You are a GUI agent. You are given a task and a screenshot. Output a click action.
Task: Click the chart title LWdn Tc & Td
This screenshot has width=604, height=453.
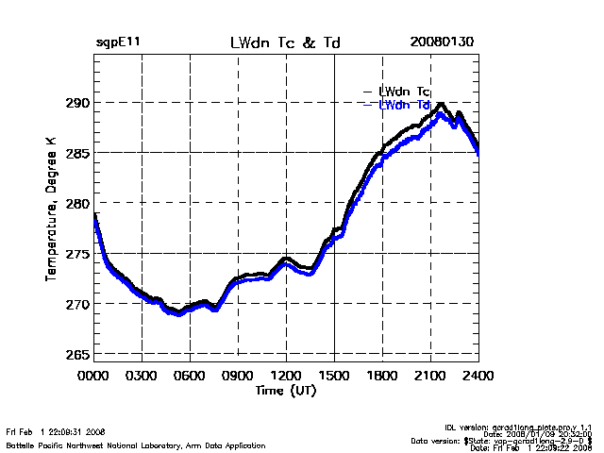click(285, 43)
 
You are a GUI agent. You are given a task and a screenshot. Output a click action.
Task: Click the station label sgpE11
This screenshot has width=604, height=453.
click(118, 43)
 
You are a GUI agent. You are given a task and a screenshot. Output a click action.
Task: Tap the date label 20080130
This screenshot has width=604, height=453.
click(442, 43)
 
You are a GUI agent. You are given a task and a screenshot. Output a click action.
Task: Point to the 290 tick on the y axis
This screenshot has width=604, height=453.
click(76, 102)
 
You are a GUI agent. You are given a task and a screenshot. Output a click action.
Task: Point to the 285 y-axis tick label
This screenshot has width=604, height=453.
click(76, 153)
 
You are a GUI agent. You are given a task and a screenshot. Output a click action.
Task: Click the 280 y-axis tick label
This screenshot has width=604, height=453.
click(76, 203)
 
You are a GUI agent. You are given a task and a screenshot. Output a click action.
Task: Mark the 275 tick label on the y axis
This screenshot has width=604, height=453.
click(76, 254)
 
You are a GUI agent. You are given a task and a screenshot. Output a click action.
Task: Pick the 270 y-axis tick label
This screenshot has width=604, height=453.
click(76, 304)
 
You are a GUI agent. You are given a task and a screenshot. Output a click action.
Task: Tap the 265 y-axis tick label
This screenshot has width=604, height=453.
click(76, 355)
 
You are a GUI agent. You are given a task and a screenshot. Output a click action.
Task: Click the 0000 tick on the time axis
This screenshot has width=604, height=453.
click(93, 376)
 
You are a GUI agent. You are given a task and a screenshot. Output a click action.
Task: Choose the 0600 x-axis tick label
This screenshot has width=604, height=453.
click(190, 376)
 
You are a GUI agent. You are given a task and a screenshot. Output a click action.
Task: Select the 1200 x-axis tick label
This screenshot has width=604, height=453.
click(286, 376)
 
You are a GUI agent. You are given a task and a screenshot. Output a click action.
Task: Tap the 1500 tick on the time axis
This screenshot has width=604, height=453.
click(334, 376)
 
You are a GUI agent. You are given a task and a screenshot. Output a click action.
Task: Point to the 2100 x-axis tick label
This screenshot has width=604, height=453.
click(430, 376)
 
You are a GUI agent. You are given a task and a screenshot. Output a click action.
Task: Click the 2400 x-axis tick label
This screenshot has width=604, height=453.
click(478, 376)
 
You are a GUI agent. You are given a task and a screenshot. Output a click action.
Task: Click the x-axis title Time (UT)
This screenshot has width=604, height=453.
click(285, 390)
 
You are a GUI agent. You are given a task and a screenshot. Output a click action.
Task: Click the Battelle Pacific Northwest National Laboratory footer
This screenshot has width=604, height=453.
click(135, 445)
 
